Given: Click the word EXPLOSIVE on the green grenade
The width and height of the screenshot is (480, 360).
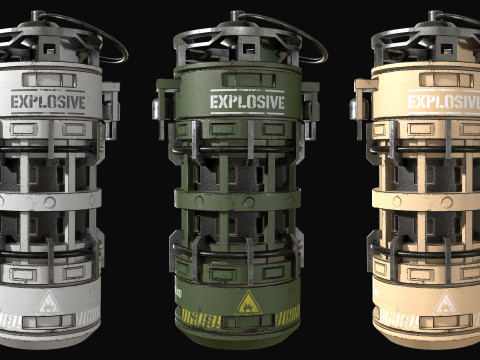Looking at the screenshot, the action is click(247, 102).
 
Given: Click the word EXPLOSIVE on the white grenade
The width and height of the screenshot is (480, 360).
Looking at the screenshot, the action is click(48, 102).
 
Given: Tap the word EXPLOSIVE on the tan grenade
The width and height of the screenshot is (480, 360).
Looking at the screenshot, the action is click(444, 102).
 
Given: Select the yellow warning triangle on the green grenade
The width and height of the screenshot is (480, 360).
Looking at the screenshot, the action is click(248, 302).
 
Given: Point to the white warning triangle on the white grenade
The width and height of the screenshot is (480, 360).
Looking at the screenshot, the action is click(49, 302).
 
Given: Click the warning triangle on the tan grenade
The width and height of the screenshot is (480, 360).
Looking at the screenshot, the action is click(446, 302).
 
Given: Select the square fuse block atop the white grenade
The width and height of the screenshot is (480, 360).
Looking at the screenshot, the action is click(49, 48).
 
